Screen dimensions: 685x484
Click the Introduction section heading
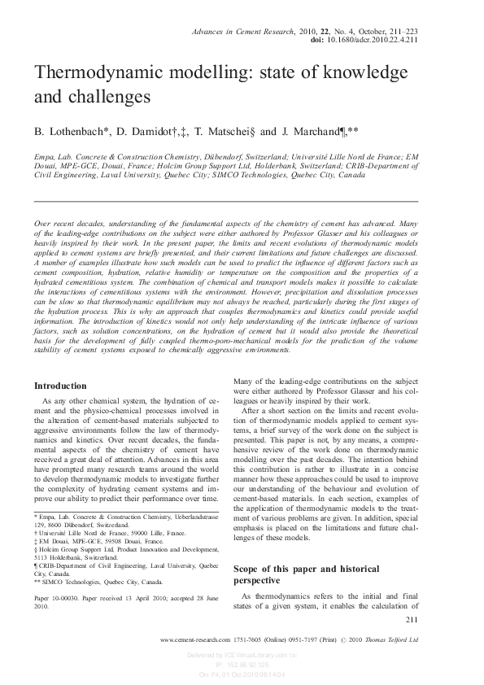[x=60, y=386]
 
